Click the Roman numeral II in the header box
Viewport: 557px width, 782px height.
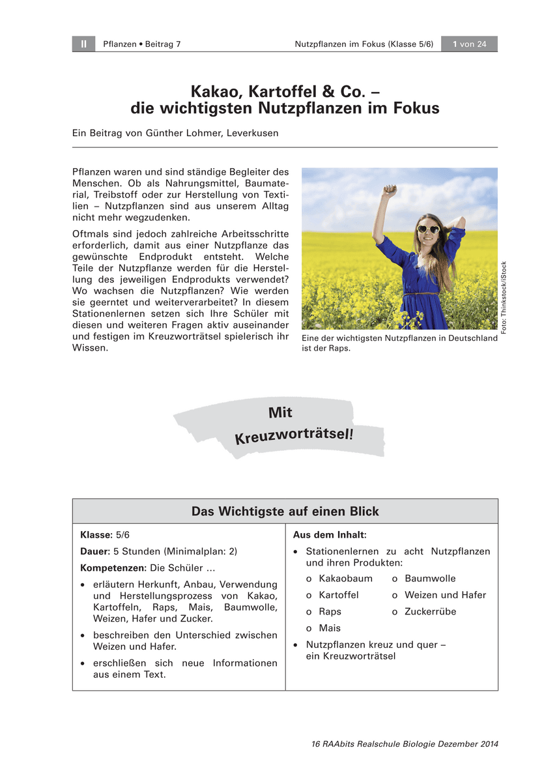click(83, 44)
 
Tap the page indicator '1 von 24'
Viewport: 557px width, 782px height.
click(470, 44)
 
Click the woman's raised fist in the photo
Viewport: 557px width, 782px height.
click(390, 190)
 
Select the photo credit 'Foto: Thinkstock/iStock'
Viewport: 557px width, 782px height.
click(504, 298)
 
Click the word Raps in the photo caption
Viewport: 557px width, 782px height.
click(339, 348)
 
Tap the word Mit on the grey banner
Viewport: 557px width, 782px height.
click(280, 413)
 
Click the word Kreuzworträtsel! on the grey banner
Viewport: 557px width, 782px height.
click(294, 434)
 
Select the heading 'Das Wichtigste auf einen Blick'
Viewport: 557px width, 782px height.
click(285, 512)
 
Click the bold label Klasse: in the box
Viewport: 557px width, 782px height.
click(96, 535)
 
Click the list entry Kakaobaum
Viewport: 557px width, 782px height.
click(345, 579)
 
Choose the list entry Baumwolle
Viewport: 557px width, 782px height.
click(430, 579)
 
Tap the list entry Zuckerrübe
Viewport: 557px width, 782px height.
click(430, 612)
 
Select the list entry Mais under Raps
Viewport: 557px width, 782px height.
click(330, 628)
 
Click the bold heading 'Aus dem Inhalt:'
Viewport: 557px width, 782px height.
click(330, 535)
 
